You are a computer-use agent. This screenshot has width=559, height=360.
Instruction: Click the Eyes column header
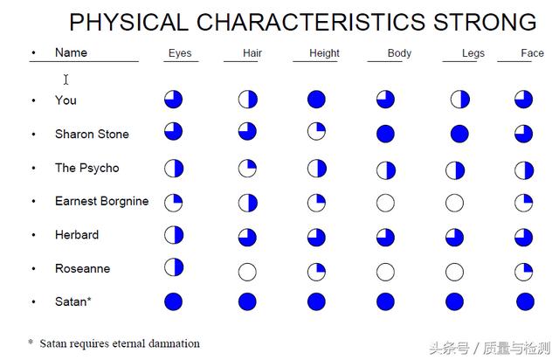(x=180, y=53)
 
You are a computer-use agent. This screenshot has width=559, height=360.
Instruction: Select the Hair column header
(x=252, y=53)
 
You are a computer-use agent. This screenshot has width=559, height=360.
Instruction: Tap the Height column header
(x=324, y=53)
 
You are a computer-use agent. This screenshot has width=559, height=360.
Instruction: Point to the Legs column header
(x=473, y=53)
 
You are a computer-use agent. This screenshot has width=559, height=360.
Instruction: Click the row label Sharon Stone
(x=92, y=135)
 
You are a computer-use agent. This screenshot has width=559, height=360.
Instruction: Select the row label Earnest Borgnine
(x=102, y=201)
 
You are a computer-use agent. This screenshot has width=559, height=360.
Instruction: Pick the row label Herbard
(x=77, y=235)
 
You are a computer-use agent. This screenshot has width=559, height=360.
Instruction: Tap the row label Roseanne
(x=83, y=268)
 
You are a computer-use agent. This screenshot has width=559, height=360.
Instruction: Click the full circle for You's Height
(x=316, y=100)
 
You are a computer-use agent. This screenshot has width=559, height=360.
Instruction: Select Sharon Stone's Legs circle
(x=459, y=134)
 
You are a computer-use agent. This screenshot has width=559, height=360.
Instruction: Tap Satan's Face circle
(x=525, y=301)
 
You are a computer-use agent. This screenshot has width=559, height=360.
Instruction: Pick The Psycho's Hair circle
(x=247, y=169)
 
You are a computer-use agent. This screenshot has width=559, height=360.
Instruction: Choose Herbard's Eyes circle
(x=174, y=235)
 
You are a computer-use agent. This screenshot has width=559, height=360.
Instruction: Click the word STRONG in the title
(x=485, y=22)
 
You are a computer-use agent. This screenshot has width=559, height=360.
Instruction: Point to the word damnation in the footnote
(x=174, y=343)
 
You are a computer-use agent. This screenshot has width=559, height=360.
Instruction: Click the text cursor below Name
(x=66, y=80)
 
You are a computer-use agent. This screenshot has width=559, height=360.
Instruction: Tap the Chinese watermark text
(x=490, y=349)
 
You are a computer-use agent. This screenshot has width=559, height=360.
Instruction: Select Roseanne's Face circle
(x=524, y=272)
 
